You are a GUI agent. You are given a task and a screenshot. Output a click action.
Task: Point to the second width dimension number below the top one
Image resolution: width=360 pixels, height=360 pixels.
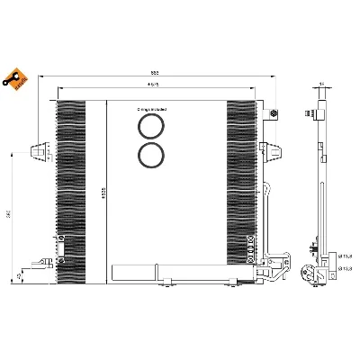pos(154,84)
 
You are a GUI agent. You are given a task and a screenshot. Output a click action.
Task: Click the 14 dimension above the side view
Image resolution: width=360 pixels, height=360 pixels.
pos(321,85)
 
